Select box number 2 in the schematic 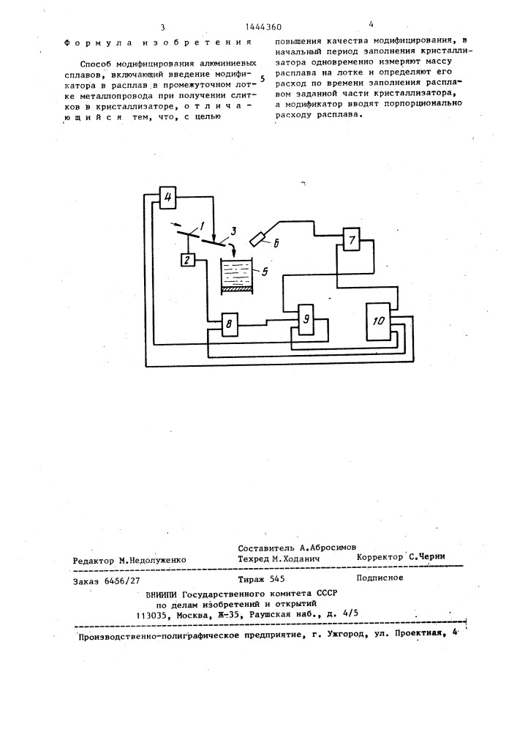[187, 260]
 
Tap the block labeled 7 [352, 240]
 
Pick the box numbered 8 [228, 324]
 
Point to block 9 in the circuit [306, 319]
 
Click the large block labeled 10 [379, 321]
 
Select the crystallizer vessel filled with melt [236, 277]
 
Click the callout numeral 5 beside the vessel [264, 272]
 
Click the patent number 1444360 [263, 28]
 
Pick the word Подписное [380, 578]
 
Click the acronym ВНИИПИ [162, 594]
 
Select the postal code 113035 [152, 616]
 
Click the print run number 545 [277, 579]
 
